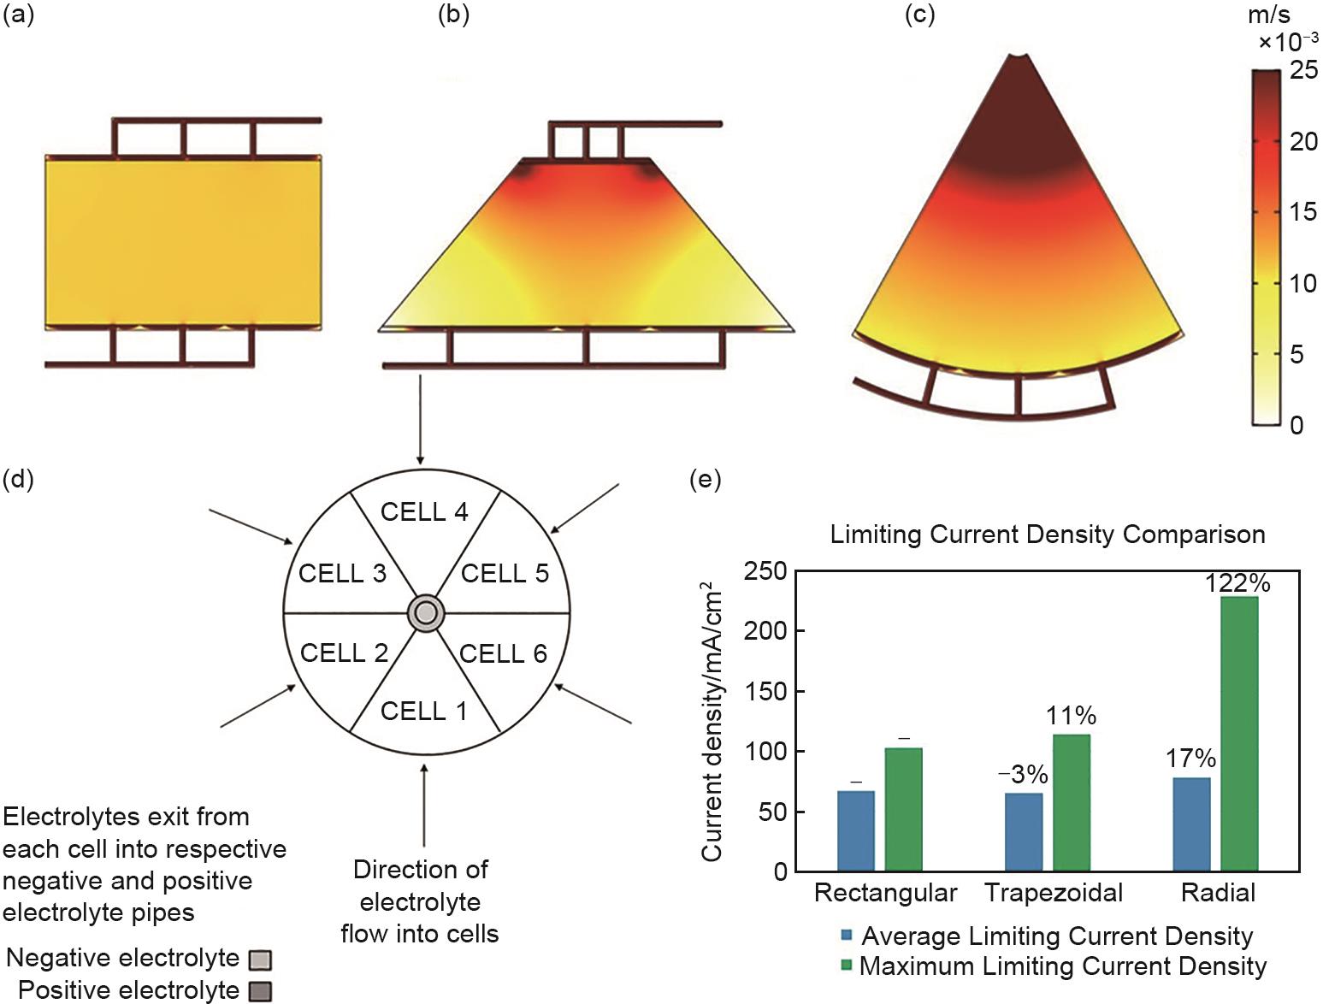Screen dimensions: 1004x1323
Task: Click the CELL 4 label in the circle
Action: (x=424, y=512)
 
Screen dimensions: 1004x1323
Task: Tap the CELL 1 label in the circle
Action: (x=424, y=711)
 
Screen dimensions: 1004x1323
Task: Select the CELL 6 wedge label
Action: (x=503, y=654)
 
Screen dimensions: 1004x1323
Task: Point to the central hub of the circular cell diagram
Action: (x=426, y=613)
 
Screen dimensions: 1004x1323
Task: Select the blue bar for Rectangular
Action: (x=856, y=830)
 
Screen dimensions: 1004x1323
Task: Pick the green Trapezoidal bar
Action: (x=1072, y=802)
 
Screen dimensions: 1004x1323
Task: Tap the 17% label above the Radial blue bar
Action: (x=1190, y=759)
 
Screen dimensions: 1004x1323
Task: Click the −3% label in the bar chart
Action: (x=1023, y=774)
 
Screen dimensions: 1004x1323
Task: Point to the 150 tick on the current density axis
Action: (x=767, y=691)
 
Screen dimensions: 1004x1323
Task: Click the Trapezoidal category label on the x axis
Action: (x=1054, y=893)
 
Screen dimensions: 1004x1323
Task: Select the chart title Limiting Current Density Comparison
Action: (x=1048, y=534)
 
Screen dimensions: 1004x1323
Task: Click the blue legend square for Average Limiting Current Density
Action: (x=847, y=936)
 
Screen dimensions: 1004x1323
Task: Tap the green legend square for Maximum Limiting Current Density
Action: (x=847, y=966)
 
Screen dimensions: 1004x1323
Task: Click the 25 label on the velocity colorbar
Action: (x=1303, y=70)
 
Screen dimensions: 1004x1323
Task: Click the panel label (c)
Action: (x=920, y=15)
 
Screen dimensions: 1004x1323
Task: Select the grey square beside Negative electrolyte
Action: (x=260, y=960)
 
